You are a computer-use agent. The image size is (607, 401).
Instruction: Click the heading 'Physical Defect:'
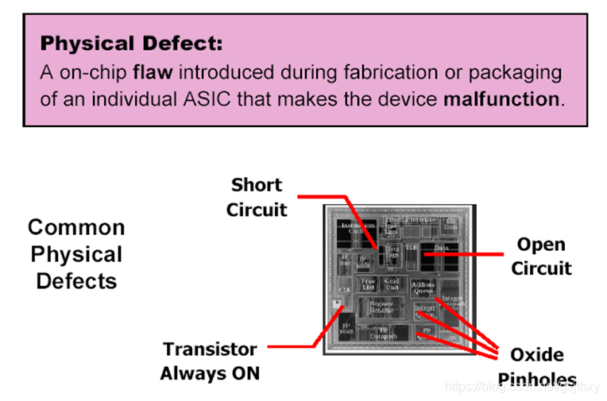coord(132,43)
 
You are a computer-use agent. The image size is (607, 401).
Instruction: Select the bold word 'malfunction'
coord(501,100)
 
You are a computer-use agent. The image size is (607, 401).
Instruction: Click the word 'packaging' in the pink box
coord(518,73)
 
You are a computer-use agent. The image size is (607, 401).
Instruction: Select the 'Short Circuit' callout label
coord(256,197)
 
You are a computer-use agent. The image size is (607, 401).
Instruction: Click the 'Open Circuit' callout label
coord(541,256)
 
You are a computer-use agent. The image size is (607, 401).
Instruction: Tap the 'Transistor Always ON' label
coord(210,361)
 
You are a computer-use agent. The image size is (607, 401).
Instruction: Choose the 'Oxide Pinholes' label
coord(537,366)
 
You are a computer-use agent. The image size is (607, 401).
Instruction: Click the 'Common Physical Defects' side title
coord(76,254)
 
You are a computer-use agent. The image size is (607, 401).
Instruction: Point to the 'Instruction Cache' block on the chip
coord(358,229)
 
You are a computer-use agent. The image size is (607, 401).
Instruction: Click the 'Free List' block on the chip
coord(367,283)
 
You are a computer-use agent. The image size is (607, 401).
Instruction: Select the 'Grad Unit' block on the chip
coord(392,283)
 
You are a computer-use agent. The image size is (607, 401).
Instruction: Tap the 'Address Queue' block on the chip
coord(423,287)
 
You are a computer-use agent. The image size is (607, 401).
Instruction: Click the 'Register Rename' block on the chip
coord(381,306)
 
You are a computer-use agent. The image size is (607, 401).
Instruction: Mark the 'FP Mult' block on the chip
coord(346,329)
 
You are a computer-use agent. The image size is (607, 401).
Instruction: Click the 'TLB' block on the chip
coord(411,248)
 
